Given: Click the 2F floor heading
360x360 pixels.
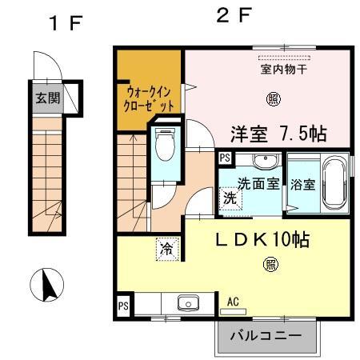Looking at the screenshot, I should (232, 15).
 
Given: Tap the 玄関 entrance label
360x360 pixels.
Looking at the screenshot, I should (46, 98).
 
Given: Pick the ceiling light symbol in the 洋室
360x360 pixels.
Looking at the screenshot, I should (274, 99).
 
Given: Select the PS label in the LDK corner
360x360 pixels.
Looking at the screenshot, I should (123, 305).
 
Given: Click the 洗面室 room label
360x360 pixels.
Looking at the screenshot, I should (258, 183).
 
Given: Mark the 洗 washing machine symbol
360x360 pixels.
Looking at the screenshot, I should (230, 198).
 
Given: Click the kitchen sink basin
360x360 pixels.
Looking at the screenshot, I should (188, 303).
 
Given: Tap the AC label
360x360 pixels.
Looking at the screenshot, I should (234, 302).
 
